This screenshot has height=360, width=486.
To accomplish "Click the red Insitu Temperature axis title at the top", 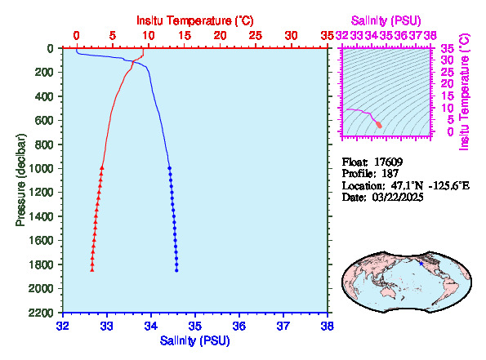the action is [195, 20].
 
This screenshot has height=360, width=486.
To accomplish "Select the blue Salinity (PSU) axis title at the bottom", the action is [195, 340].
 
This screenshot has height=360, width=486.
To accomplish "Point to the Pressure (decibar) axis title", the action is [20, 180].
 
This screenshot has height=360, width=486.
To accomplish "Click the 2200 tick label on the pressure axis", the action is [41, 313].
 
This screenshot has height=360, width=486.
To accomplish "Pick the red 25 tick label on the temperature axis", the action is [256, 36].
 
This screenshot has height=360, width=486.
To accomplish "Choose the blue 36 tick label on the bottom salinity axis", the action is [239, 326].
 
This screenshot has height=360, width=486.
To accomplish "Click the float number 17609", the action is [388, 162].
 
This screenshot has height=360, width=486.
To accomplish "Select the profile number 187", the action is [390, 173].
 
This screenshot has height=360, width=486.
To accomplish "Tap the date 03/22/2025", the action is [398, 197].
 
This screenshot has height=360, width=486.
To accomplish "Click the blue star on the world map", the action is [421, 264].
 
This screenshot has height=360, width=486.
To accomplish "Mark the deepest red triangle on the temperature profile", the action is [92, 270].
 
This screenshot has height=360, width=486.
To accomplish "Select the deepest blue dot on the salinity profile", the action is [176, 270].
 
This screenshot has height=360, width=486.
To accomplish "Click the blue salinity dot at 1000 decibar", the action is [170, 168].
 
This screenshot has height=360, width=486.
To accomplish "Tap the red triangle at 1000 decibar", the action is [101, 168].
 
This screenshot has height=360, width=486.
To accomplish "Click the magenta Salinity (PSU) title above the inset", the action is [386, 20].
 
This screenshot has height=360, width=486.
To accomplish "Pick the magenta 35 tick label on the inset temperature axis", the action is [448, 49].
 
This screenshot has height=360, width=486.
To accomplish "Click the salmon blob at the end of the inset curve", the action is [379, 125].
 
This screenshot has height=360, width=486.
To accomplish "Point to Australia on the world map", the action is [388, 291].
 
